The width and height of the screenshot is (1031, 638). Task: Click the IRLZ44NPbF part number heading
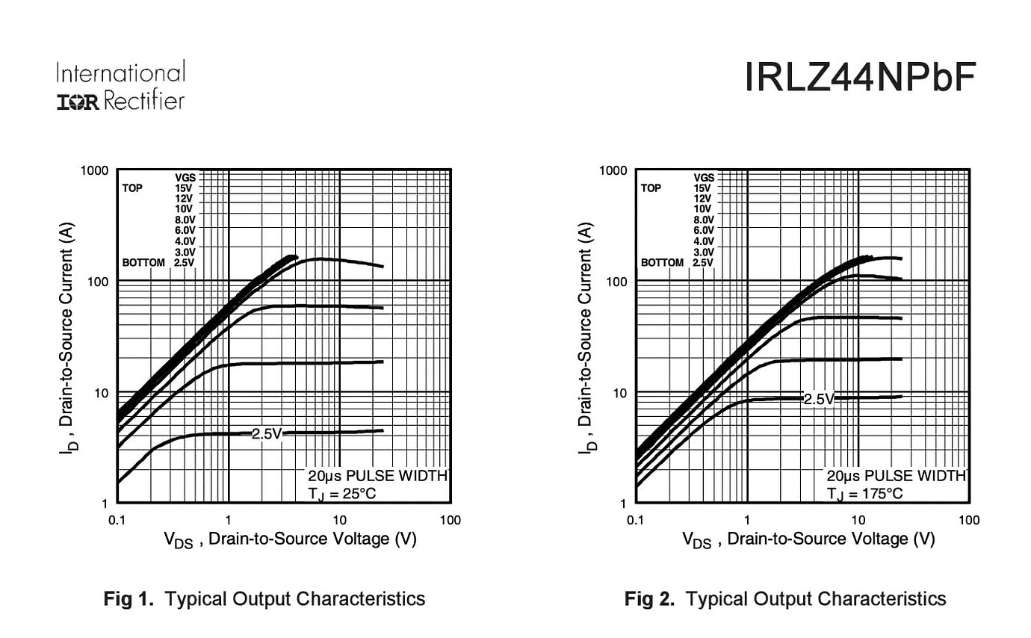click(861, 78)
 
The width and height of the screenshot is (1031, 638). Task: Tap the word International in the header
click(120, 73)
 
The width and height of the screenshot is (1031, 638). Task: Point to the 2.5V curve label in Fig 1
click(266, 433)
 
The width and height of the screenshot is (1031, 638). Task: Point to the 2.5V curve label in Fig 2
click(818, 399)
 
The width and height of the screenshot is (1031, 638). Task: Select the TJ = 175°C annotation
click(865, 493)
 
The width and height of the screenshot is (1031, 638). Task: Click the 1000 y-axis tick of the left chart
click(94, 170)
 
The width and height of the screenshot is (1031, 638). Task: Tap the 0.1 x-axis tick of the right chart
click(635, 520)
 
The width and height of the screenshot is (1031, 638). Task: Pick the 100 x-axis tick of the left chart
click(450, 520)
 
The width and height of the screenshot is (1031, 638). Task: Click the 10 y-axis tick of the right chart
click(619, 392)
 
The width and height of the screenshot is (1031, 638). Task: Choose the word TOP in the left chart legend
click(132, 188)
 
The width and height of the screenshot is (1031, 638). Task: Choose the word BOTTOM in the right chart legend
click(662, 263)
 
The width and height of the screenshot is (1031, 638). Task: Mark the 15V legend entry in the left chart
click(184, 188)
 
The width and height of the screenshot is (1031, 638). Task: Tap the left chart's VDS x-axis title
click(290, 539)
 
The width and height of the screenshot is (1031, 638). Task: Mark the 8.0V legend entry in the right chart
click(703, 220)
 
